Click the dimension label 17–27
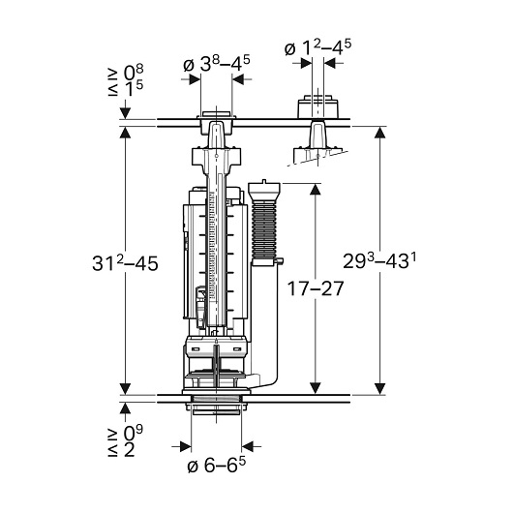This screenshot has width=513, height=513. point(316,288)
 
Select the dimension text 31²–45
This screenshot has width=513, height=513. point(125,262)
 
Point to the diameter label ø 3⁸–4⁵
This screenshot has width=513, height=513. point(216,64)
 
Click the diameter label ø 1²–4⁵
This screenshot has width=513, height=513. point(317,47)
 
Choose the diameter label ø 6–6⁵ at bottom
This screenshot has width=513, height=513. point(216,465)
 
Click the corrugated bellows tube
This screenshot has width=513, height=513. point(264,230)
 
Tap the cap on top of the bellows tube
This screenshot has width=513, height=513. point(264,190)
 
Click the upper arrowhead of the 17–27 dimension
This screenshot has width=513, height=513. point(315,189)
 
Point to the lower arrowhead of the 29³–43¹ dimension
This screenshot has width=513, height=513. point(379,388)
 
